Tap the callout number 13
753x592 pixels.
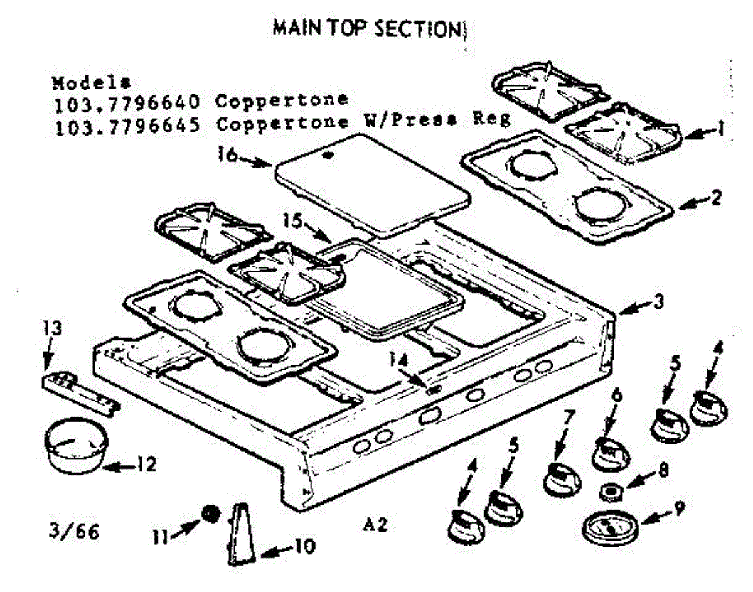tap(54, 328)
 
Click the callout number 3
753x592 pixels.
tap(656, 302)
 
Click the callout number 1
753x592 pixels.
tap(721, 129)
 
